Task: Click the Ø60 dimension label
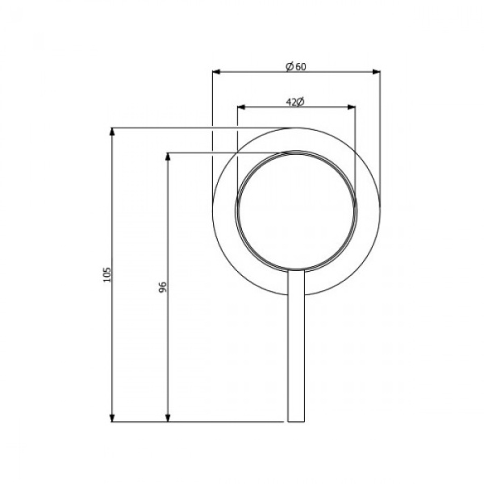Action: (296, 66)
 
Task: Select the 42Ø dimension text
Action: (294, 102)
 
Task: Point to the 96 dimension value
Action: (162, 287)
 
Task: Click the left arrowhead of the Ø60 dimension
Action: (216, 73)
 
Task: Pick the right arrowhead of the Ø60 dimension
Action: (377, 73)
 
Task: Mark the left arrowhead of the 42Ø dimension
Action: (241, 107)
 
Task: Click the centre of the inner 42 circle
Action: (296, 210)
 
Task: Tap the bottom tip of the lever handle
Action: (296, 420)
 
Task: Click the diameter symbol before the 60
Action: (289, 66)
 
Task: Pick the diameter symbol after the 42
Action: (300, 102)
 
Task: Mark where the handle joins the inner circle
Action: (296, 269)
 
